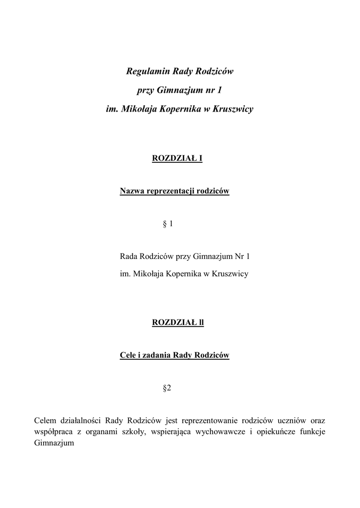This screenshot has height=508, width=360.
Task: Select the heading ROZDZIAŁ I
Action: click(x=177, y=159)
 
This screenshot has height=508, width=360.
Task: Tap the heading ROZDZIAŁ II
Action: click(x=178, y=322)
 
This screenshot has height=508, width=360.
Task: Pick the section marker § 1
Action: click(x=167, y=224)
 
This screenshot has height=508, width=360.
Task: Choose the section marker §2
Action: click(x=167, y=388)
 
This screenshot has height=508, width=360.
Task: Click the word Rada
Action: click(x=129, y=256)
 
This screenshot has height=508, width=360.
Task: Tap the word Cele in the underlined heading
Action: click(x=129, y=355)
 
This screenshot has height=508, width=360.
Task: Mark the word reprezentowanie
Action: click(x=211, y=420)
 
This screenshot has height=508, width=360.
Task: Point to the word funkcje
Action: click(x=313, y=432)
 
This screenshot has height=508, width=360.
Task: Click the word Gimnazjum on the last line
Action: click(x=54, y=443)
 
